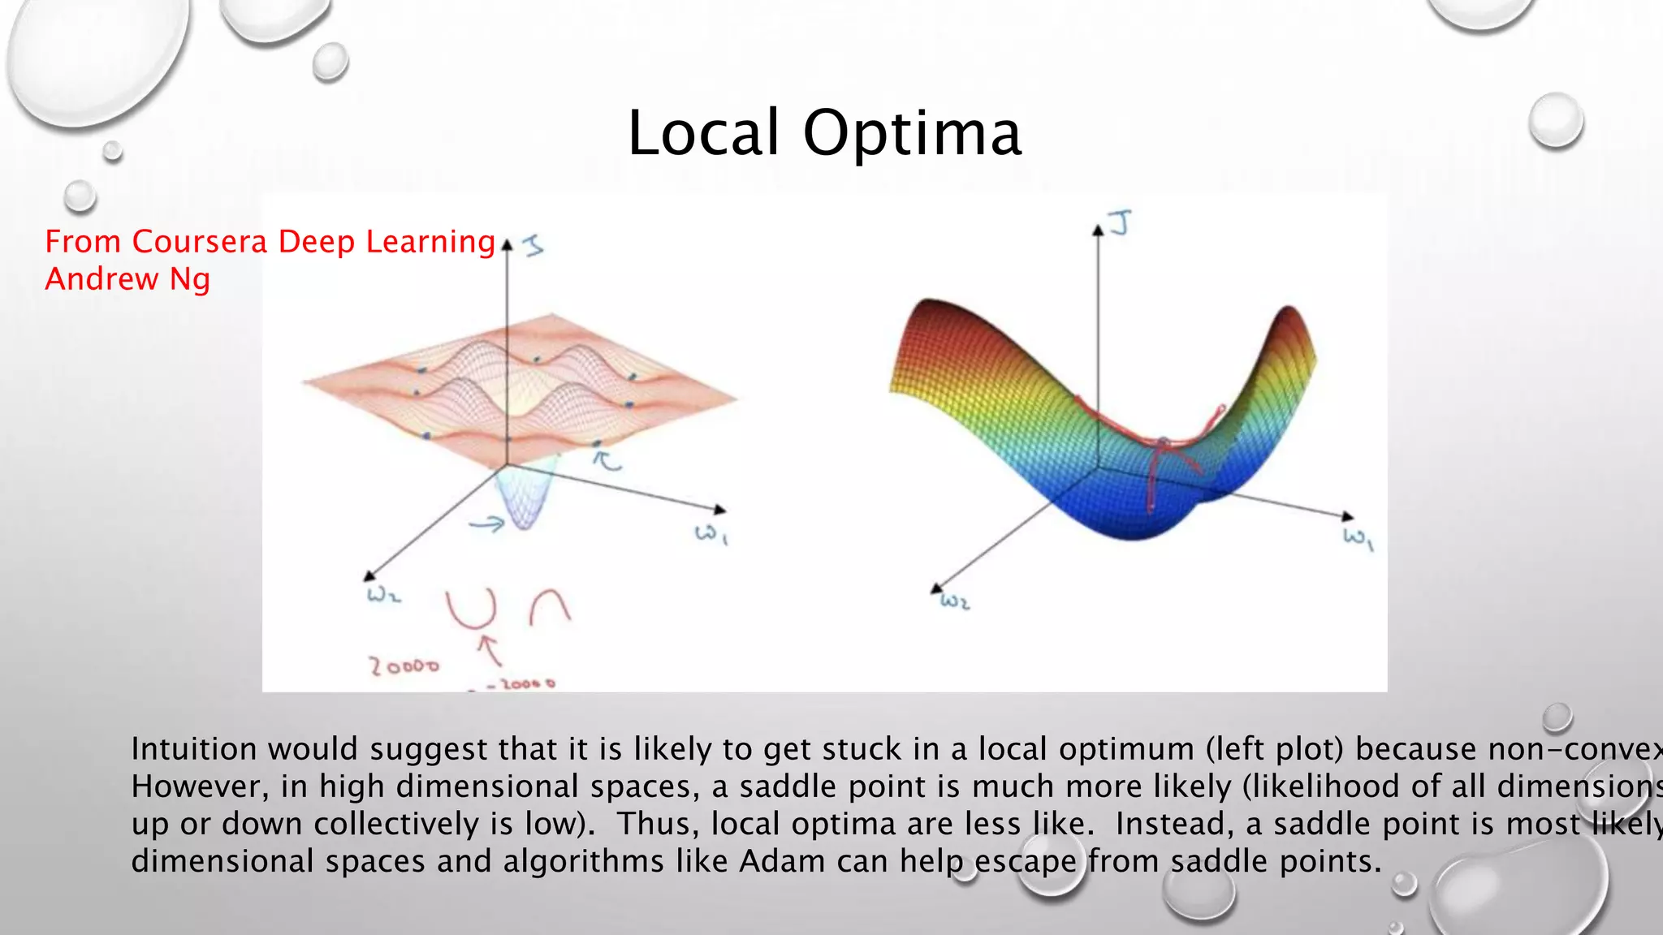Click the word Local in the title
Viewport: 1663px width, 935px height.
(703, 133)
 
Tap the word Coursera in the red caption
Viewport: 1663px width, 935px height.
(199, 242)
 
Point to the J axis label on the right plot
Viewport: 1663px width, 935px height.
(1121, 222)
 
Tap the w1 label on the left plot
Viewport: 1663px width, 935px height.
(711, 534)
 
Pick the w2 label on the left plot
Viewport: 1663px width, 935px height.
(383, 596)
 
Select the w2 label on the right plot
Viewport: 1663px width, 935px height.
(955, 602)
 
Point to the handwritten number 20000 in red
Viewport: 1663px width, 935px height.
(404, 666)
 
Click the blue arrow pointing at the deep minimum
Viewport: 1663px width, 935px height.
(487, 525)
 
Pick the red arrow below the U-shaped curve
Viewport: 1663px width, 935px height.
(489, 649)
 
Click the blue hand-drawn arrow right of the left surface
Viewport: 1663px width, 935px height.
(607, 461)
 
